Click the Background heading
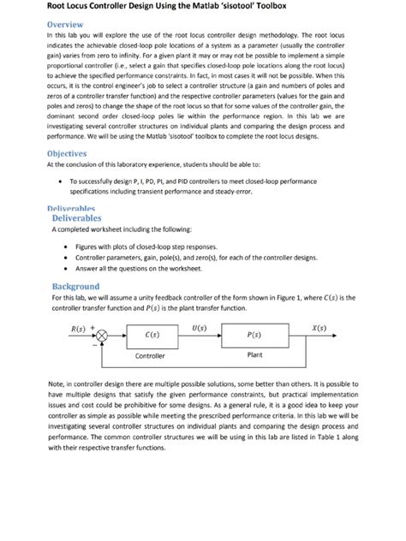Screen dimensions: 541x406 click(75, 286)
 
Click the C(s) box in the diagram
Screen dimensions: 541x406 click(152, 335)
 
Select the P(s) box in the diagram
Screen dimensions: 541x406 click(254, 335)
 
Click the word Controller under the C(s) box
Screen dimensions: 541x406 click(152, 355)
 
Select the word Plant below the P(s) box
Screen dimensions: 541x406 click(254, 354)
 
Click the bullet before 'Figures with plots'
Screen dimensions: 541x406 click(67, 246)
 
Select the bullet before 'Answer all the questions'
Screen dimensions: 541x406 click(67, 269)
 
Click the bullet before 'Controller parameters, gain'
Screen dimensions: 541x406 click(67, 257)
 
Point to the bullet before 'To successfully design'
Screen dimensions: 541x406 click(58, 181)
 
